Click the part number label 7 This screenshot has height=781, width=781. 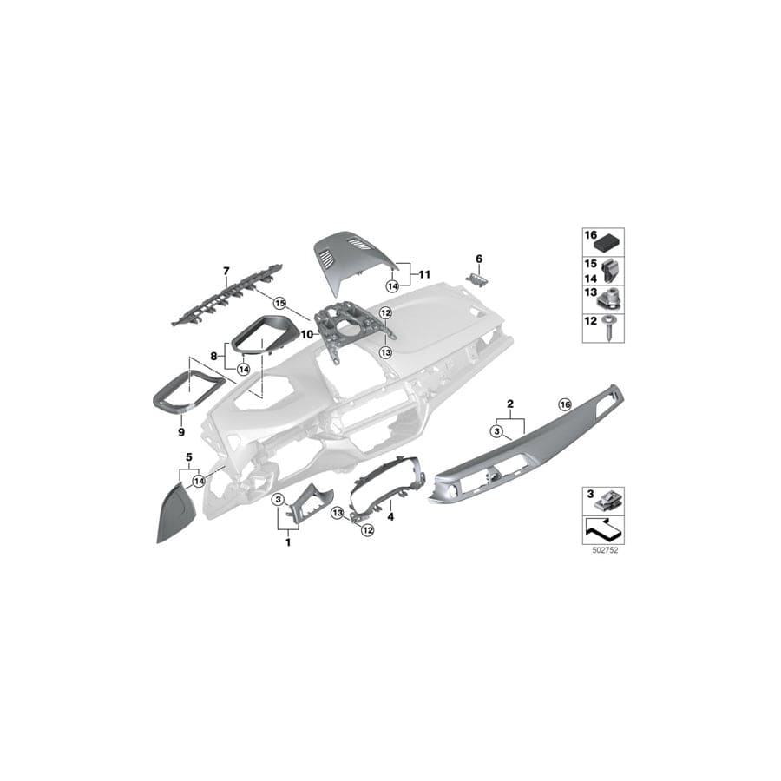click(x=226, y=272)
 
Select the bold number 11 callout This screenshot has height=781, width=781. click(x=425, y=273)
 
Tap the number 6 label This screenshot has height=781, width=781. click(x=477, y=258)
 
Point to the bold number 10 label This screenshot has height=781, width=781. click(x=305, y=333)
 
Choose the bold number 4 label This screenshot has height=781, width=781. click(x=390, y=515)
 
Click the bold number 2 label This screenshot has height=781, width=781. click(x=509, y=404)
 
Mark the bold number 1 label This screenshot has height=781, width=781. click(x=288, y=541)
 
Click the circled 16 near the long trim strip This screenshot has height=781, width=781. click(x=565, y=404)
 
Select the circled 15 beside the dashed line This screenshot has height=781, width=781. click(x=279, y=303)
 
